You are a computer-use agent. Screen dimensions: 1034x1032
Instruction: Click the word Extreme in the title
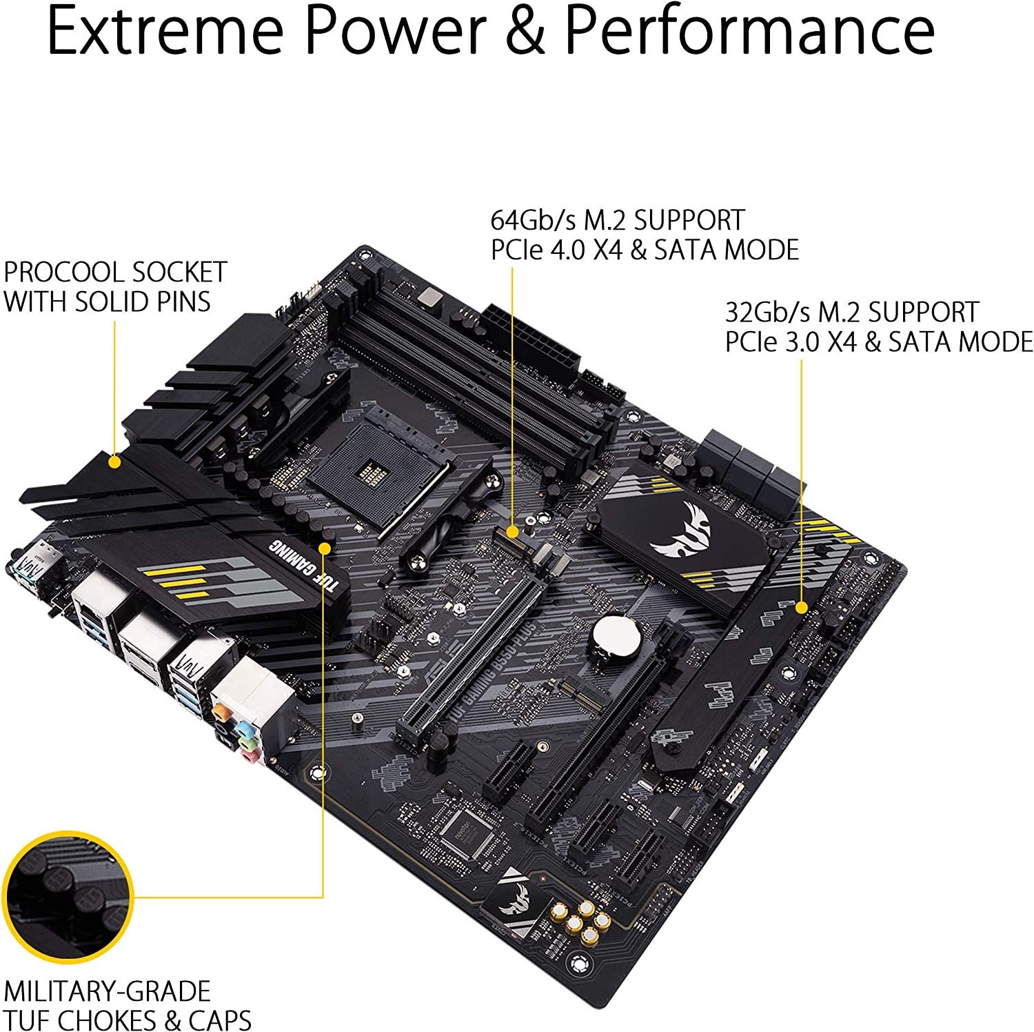pos(165,31)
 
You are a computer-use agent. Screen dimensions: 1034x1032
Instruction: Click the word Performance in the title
pos(749,31)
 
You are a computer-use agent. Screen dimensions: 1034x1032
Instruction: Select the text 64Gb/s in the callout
pos(533,220)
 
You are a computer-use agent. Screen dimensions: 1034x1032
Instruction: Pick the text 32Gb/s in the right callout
pos(767,312)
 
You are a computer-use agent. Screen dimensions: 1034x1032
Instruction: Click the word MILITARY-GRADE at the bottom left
pos(108,991)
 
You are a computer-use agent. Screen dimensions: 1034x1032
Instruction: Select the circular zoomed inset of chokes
pos(68,897)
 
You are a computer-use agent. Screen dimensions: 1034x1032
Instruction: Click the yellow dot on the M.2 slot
pos(512,531)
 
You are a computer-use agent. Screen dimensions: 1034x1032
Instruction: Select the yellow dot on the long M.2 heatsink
pos(801,607)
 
